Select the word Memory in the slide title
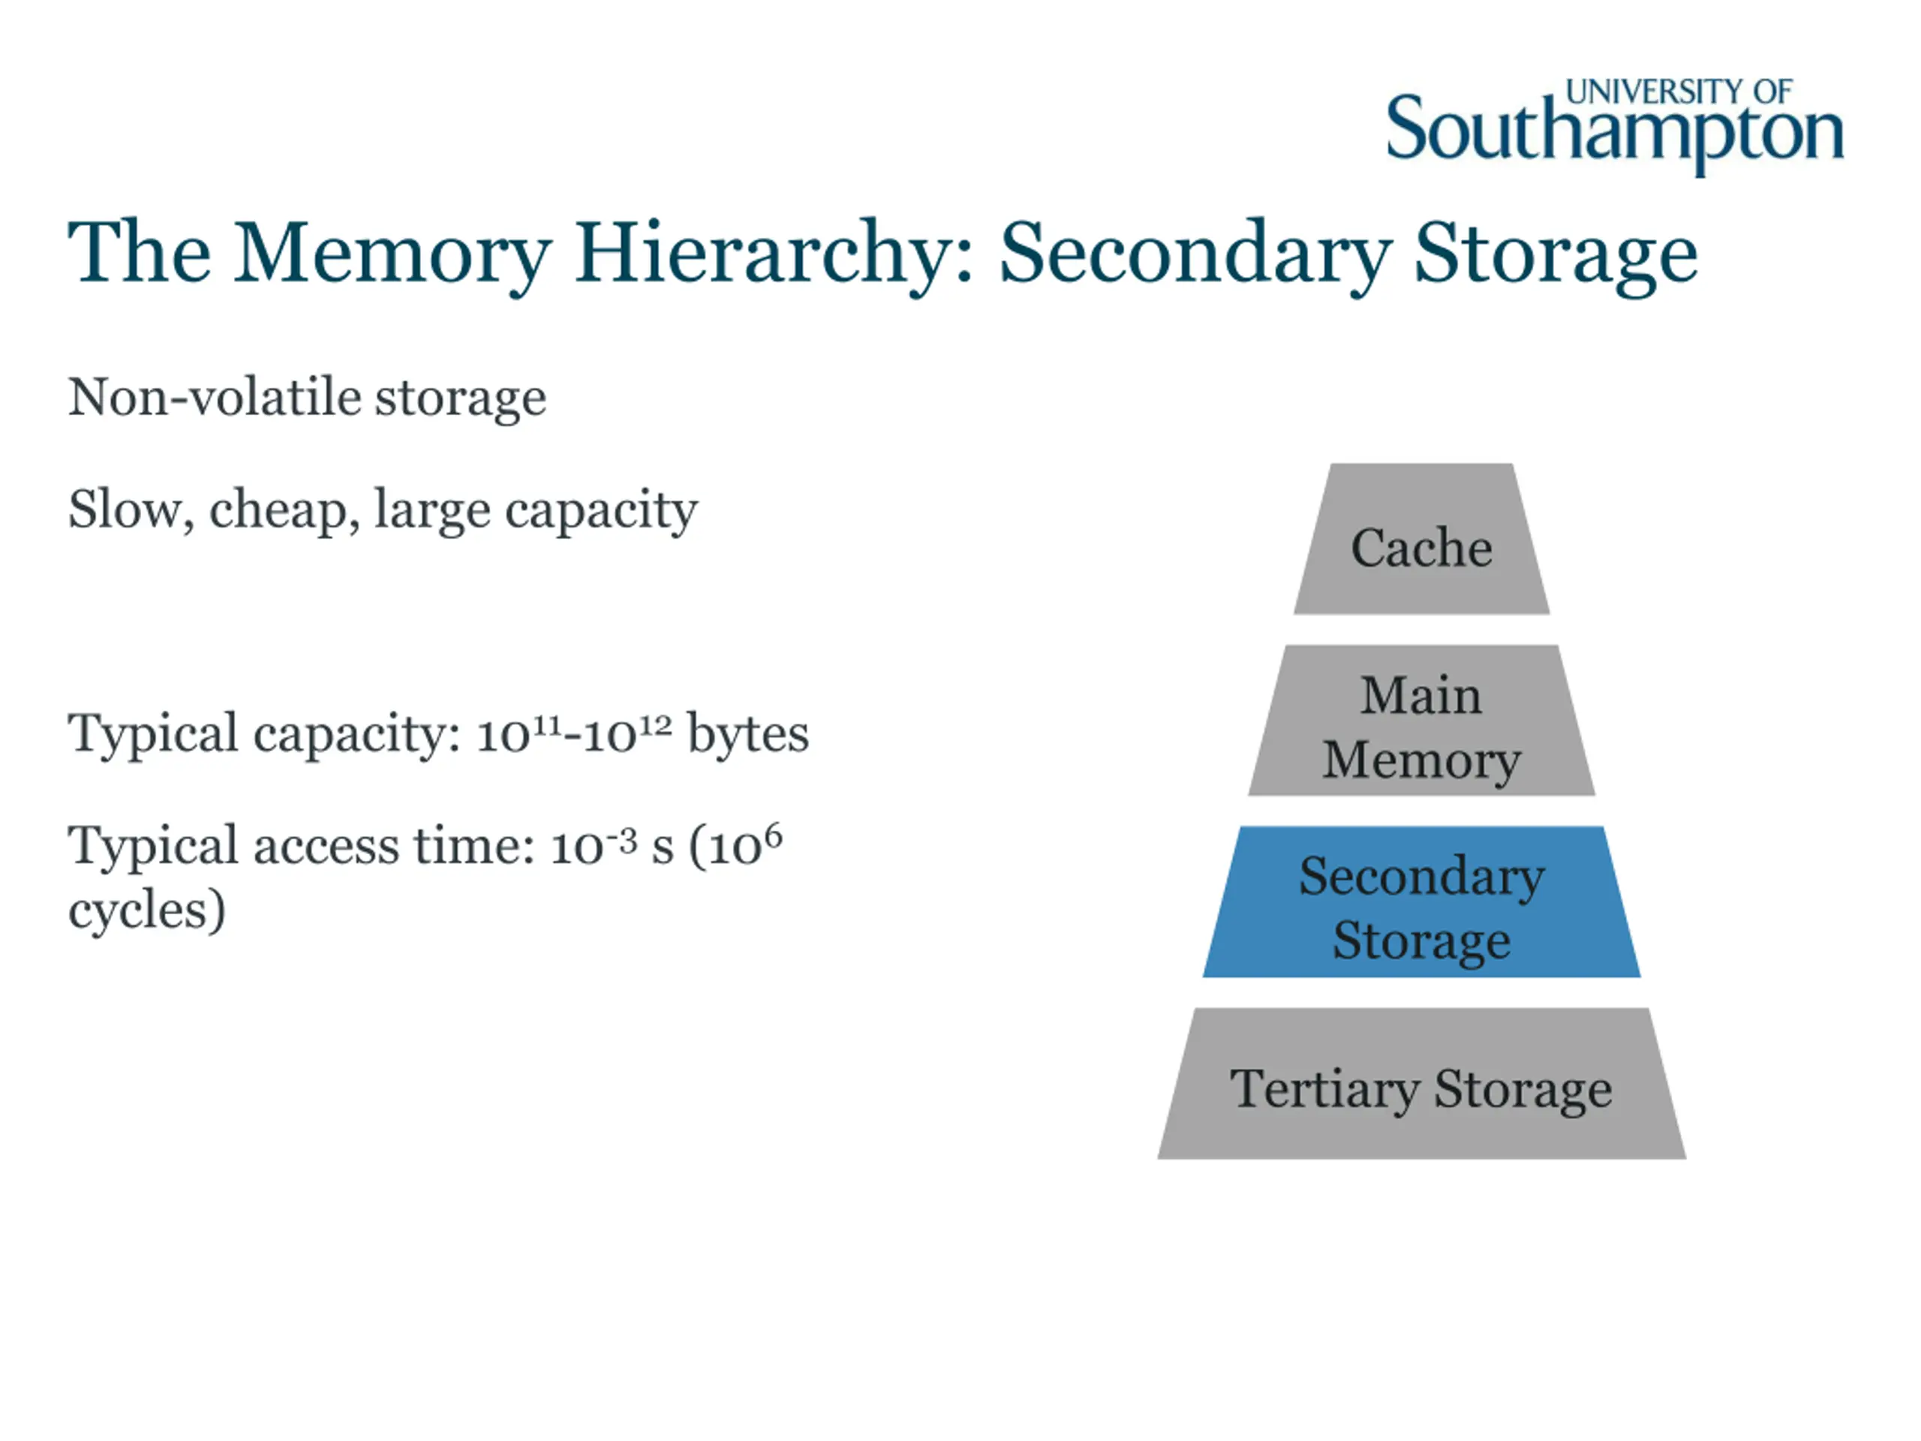pos(392,254)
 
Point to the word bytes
pos(747,734)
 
